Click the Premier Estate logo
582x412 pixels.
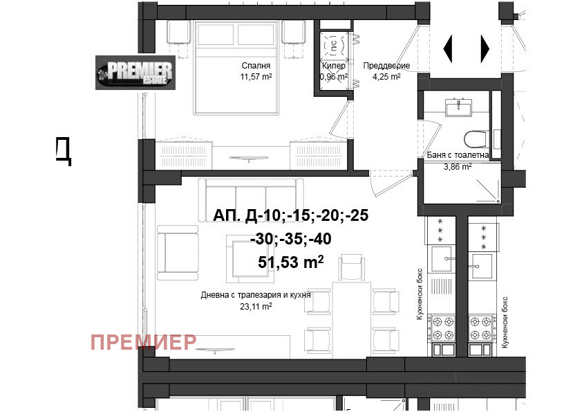[x=135, y=73]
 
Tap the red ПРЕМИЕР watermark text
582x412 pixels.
[x=144, y=341]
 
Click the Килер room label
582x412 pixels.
[x=333, y=66]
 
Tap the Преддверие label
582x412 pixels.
[x=386, y=66]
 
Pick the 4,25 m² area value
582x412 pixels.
[x=386, y=77]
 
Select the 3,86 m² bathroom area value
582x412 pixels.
[x=457, y=167]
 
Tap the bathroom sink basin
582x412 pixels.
[x=456, y=107]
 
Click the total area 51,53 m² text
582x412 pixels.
[x=290, y=262]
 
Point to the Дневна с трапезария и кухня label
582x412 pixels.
[x=256, y=294]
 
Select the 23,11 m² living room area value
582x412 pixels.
[x=256, y=305]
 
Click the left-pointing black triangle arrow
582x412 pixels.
[x=447, y=48]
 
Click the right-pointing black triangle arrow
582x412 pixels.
[x=485, y=48]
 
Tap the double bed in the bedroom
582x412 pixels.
[x=238, y=66]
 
